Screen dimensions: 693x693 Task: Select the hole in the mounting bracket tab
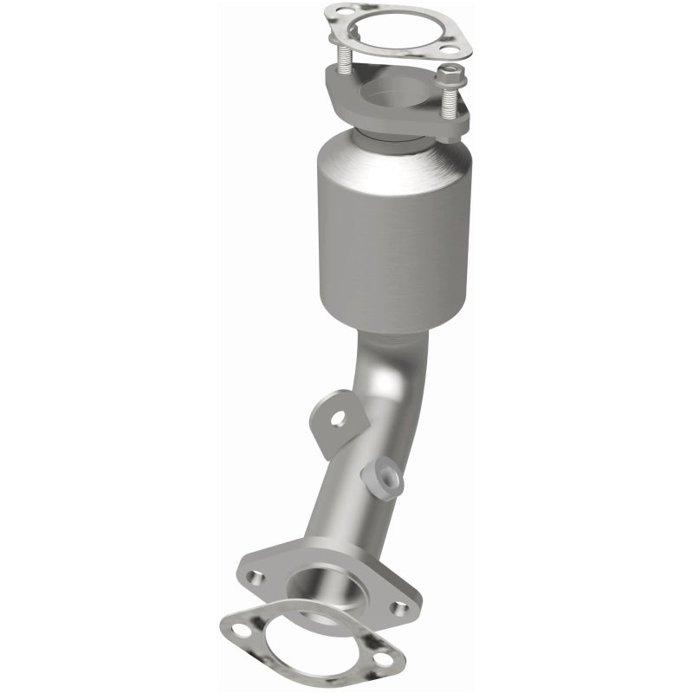click(338, 419)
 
